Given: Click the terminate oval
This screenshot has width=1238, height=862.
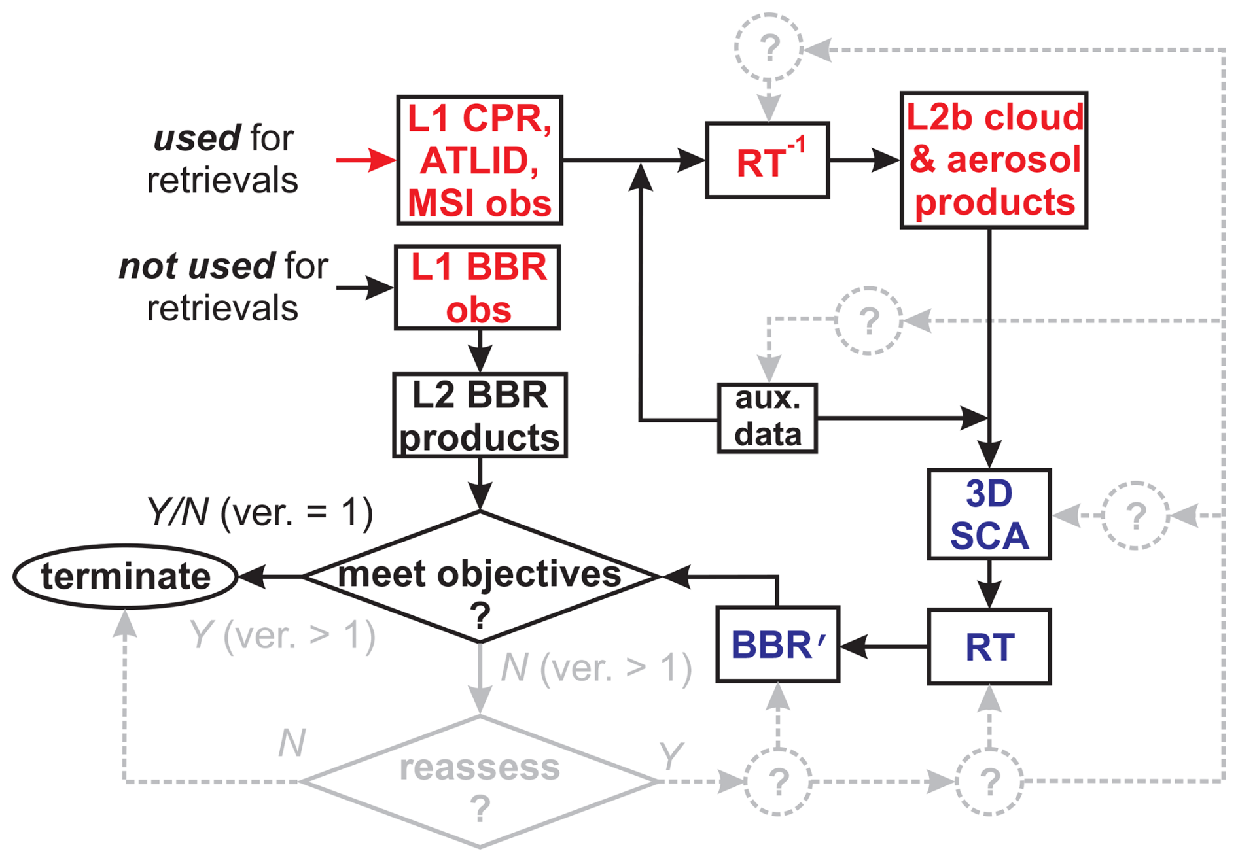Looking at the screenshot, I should pos(125,576).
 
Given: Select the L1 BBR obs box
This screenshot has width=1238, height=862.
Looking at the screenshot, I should pos(478,288).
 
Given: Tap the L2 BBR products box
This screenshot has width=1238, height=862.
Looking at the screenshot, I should pos(480,415).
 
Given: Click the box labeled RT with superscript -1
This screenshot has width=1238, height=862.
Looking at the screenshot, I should pos(768,160).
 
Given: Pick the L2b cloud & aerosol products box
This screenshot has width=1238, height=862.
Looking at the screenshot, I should pos(994,160).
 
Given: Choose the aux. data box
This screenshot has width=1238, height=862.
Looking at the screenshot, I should pos(768,418).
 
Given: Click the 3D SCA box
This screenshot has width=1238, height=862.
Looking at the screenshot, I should pos(989,514).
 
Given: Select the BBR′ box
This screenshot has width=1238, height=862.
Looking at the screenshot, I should pos(777,645).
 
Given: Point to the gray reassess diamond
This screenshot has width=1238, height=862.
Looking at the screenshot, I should pos(480,782).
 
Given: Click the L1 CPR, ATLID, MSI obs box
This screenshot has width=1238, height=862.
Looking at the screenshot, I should pos(480,160).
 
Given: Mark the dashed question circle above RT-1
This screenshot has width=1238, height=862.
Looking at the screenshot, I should pos(769,47).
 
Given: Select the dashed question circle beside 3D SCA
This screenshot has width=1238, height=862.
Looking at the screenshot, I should pos(1135,515).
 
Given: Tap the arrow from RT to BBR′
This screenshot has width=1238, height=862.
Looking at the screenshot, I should pos(883,646).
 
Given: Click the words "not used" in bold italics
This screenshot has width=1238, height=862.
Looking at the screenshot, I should pos(197,266).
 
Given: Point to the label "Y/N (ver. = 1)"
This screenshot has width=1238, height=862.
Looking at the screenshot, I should pos(260,511).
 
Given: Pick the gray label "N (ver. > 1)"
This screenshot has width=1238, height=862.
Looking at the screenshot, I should pos(596,668).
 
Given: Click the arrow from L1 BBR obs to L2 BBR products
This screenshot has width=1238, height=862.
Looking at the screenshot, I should pos(480,351).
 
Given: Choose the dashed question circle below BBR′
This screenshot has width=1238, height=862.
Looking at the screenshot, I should pos(777,782).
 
